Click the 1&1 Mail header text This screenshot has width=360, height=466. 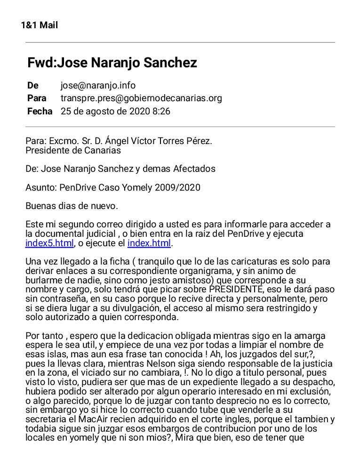click(40, 25)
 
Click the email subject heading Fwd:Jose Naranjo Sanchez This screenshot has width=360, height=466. click(112, 63)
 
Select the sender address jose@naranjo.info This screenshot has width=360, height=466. click(98, 85)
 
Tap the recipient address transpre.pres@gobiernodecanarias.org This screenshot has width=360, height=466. click(141, 98)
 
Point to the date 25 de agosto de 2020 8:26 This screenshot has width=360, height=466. click(115, 112)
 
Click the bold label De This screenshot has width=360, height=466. click(33, 85)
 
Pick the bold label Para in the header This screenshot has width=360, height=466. click(37, 98)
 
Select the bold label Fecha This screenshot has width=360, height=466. click(40, 112)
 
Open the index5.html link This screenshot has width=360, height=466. click(49, 243)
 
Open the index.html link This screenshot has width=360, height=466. click(149, 243)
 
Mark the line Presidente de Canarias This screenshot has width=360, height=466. click(73, 150)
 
